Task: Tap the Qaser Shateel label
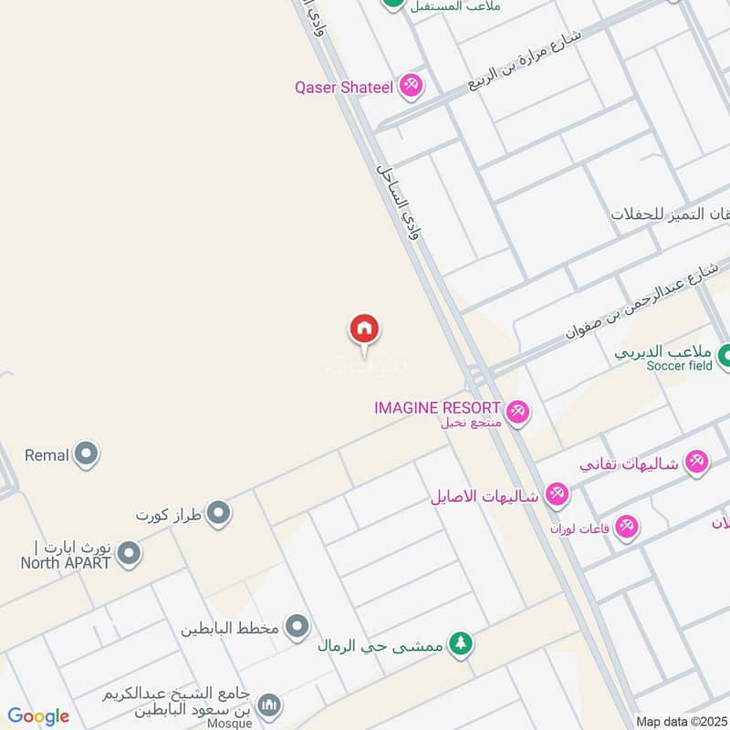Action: pos(343,88)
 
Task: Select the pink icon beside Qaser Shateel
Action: pos(411,87)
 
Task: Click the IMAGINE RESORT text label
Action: pos(437,408)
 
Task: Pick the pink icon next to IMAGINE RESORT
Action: pos(517,412)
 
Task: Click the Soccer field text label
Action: pos(679,366)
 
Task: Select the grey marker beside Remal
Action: pos(86,454)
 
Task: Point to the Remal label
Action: pos(47,454)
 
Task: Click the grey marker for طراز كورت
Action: pos(217,515)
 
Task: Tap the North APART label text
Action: pos(66,562)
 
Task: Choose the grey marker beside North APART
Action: pos(129,553)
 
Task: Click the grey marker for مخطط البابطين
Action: pos(297,627)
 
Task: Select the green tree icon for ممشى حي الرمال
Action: pos(463,644)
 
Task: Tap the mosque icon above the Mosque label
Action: pos(268,705)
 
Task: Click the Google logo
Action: pos(38,716)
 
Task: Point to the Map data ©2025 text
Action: pos(681,721)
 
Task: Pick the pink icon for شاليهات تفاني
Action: pos(696,462)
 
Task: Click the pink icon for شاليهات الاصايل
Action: pos(556,495)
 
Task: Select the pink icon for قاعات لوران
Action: pos(626,527)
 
